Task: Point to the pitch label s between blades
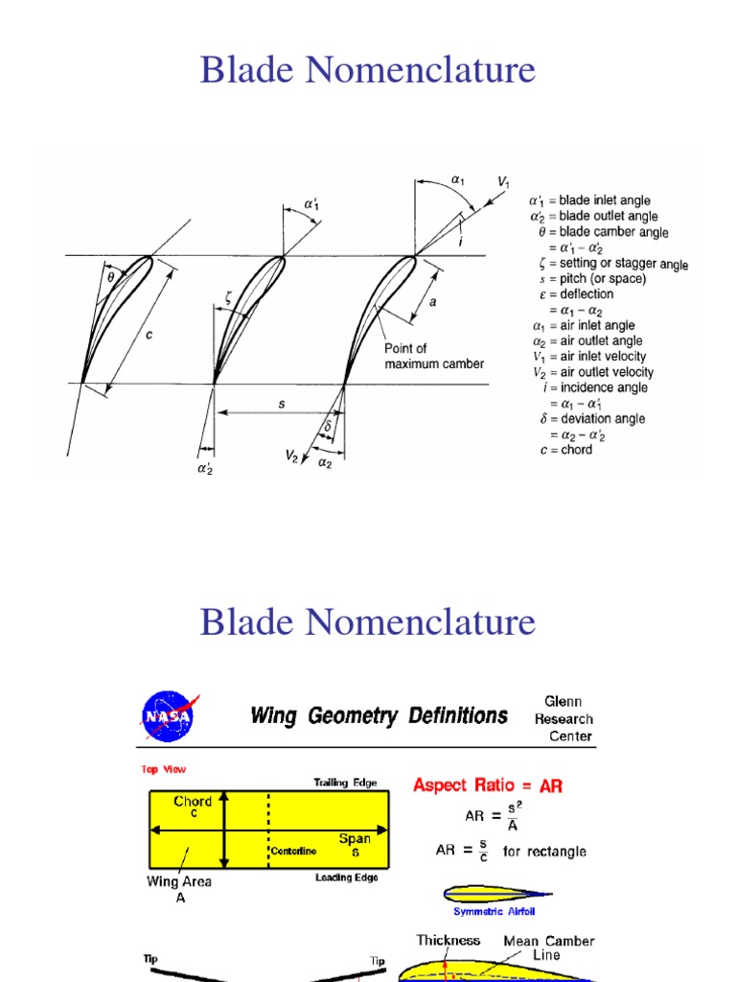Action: [x=282, y=405]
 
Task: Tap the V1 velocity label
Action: [x=503, y=181]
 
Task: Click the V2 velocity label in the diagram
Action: [x=291, y=457]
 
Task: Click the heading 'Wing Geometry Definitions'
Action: [x=379, y=715]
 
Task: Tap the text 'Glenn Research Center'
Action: [x=563, y=718]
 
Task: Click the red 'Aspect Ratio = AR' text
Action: [x=488, y=785]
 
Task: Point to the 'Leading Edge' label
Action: [x=346, y=877]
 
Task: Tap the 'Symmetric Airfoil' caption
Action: [x=493, y=912]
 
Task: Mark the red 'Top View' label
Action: [x=164, y=769]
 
